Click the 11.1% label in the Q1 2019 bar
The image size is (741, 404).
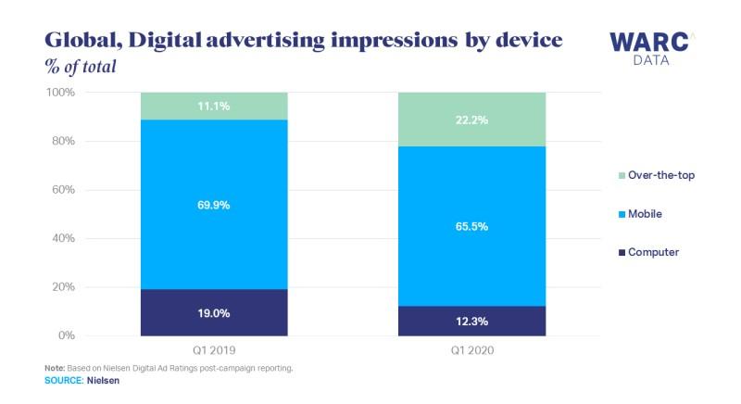coord(214,107)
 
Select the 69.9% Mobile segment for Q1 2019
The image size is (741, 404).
coord(214,204)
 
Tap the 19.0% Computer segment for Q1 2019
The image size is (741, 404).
coord(214,313)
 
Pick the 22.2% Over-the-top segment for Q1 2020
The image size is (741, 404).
coord(471,120)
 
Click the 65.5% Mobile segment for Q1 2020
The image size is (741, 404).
coord(471,226)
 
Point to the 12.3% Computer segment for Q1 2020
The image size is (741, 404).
coord(471,321)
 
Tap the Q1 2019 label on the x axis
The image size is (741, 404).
coord(214,350)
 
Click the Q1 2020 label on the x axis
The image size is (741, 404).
coord(471,350)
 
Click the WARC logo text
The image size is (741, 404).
coord(647,43)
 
